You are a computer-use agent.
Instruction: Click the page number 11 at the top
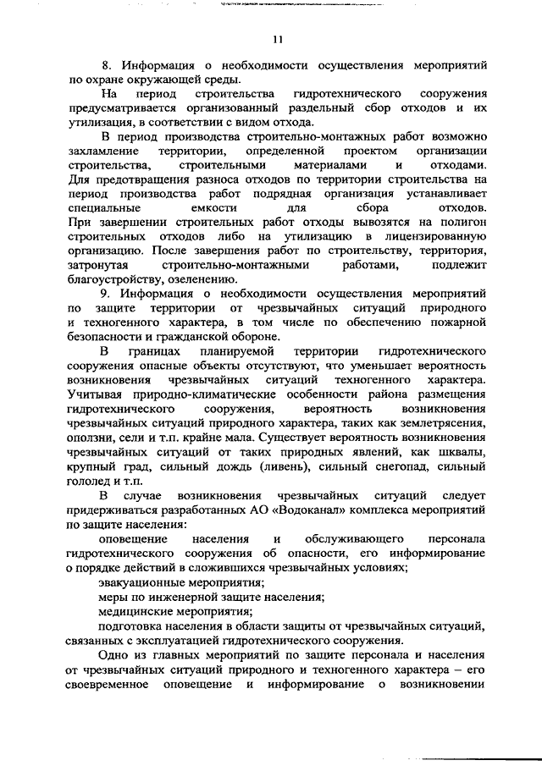tap(278, 39)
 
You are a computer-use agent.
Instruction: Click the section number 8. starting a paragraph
tap(106, 64)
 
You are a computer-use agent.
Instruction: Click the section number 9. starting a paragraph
tap(106, 293)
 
